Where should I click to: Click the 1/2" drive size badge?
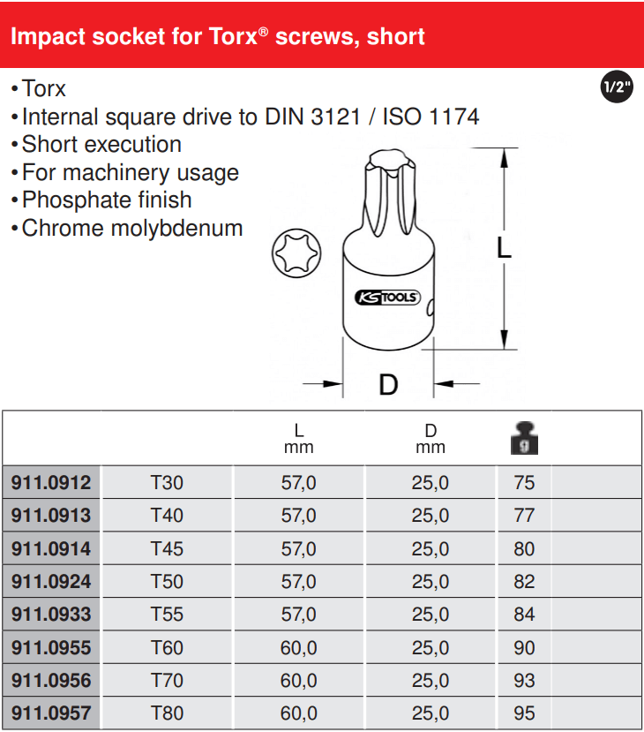point(617,87)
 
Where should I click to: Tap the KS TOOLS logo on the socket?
point(387,298)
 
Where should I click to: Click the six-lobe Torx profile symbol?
point(296,253)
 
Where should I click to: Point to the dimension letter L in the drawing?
point(504,247)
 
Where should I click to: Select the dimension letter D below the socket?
point(388,385)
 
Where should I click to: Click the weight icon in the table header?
point(524,438)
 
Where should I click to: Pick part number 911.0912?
point(51,483)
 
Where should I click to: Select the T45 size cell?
point(167,549)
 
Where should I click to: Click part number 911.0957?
point(51,713)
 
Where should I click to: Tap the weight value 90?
point(524,648)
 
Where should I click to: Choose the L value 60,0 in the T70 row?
point(298,681)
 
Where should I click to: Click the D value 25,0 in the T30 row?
point(430,483)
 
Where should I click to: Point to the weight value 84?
point(524,615)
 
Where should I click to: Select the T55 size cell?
point(167,615)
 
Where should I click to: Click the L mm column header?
point(298,439)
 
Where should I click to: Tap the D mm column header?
point(431,439)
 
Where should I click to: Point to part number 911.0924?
point(51,582)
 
